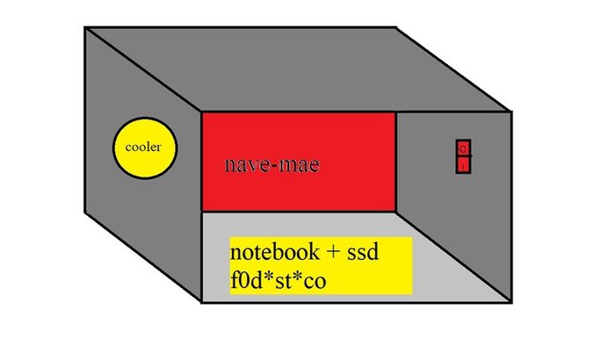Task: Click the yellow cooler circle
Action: tap(144, 147)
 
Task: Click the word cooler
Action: tap(144, 147)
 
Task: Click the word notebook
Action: tap(273, 252)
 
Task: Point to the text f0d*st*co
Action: tap(274, 279)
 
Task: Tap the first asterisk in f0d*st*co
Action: tap(268, 277)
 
